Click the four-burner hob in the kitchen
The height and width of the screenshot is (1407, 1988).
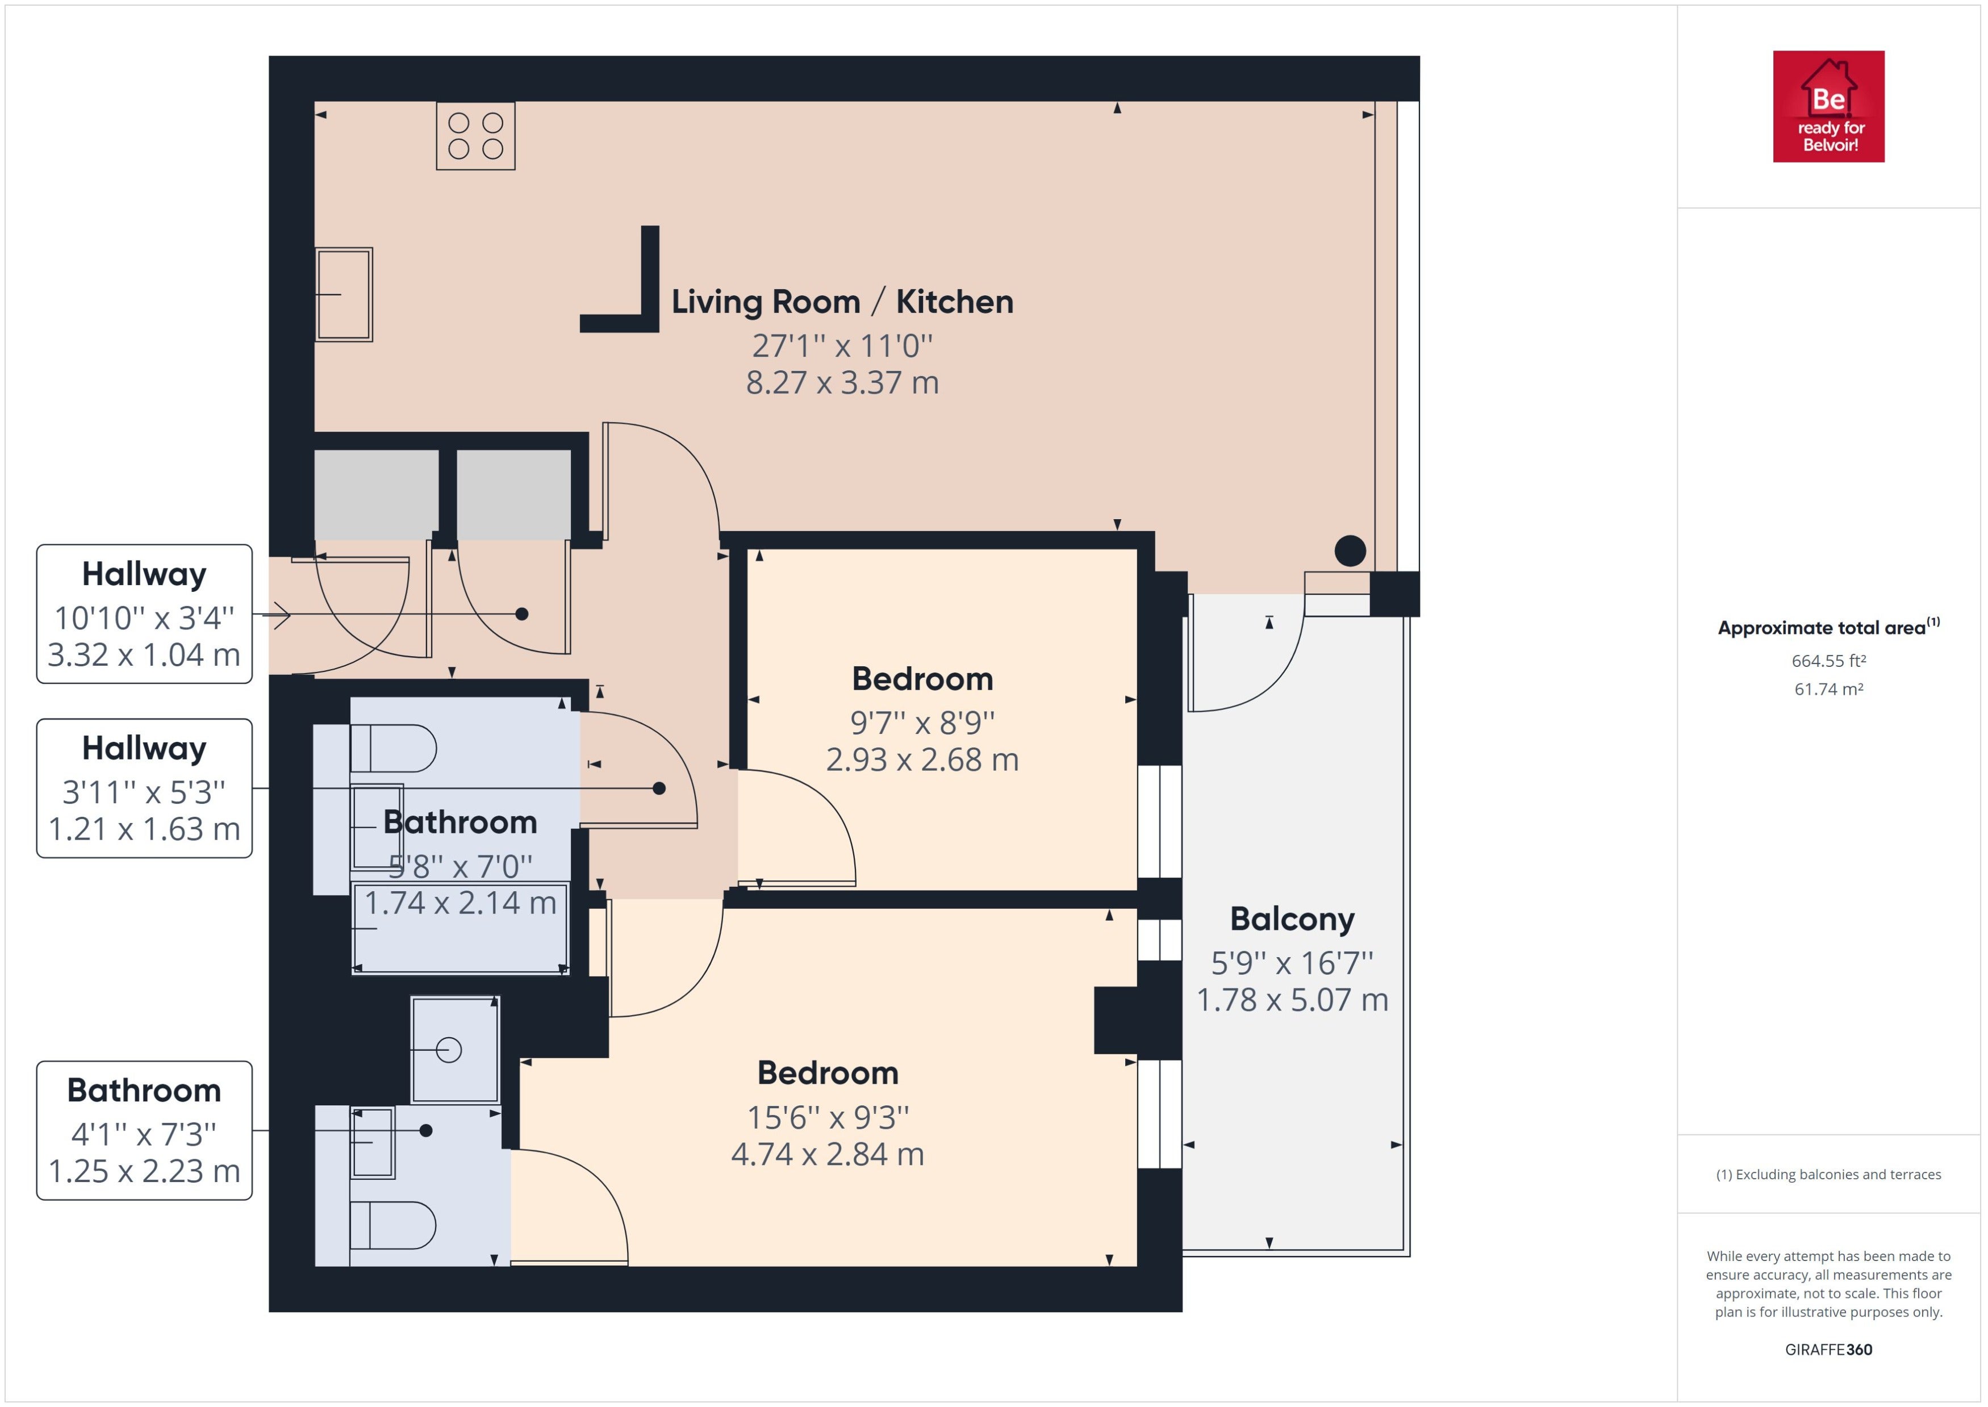click(475, 136)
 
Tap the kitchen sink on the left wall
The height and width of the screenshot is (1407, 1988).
click(344, 295)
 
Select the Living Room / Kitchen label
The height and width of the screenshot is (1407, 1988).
click(842, 302)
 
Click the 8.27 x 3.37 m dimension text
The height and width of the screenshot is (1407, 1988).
click(842, 382)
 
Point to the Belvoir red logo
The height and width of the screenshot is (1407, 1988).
click(1828, 107)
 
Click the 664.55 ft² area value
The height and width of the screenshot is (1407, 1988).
click(1828, 661)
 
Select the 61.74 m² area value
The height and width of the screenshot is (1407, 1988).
click(1828, 690)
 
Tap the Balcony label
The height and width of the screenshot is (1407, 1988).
click(1292, 919)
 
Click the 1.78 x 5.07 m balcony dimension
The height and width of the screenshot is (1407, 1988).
click(1292, 1000)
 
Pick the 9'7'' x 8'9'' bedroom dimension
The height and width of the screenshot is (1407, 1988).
click(922, 722)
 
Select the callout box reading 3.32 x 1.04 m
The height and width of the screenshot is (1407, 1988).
click(144, 614)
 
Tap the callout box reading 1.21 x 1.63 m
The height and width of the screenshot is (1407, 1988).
click(144, 788)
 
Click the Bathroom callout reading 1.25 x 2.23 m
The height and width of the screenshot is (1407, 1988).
click(144, 1130)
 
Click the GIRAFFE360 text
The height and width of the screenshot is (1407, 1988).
click(1828, 1350)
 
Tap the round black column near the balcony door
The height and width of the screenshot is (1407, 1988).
click(1350, 551)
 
